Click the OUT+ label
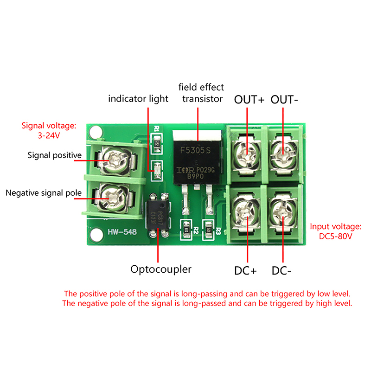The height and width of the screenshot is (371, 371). pyautogui.click(x=249, y=99)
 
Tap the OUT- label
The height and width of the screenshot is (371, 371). pyautogui.click(x=284, y=99)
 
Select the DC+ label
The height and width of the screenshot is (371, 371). pyautogui.click(x=245, y=271)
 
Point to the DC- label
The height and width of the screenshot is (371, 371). pyautogui.click(x=281, y=271)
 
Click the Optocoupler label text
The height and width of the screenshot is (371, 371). pyautogui.click(x=161, y=269)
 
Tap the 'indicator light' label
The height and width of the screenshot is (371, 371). pyautogui.click(x=138, y=99)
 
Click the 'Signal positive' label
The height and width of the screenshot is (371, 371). pyautogui.click(x=54, y=155)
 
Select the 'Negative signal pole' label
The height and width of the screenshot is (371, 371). pyautogui.click(x=43, y=192)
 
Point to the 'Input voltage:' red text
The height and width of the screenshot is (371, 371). pyautogui.click(x=335, y=227)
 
